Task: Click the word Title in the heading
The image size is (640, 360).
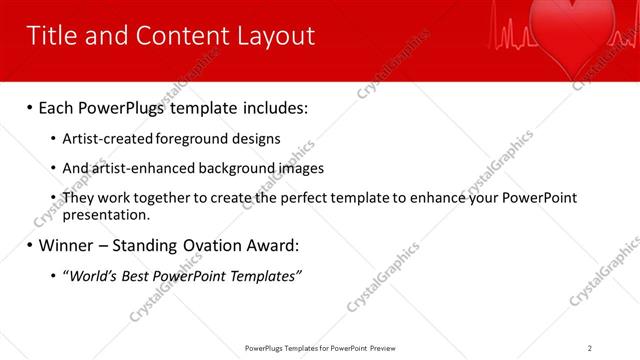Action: pos(53,36)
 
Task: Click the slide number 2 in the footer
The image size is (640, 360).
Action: pos(590,348)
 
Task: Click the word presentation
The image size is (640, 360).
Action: pos(105,214)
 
